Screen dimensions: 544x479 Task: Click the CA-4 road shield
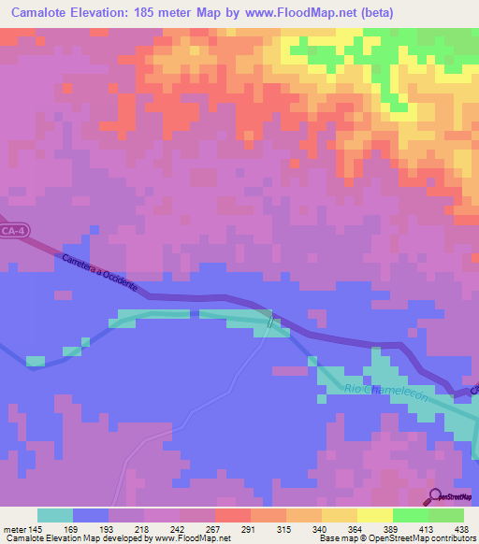[x=12, y=230]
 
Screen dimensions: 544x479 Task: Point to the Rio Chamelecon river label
[x=385, y=394]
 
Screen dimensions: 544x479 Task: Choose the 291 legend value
[x=250, y=530]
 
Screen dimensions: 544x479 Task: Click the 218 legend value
[x=143, y=530]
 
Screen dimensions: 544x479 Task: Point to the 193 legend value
[x=108, y=530]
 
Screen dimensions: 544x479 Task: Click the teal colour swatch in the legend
[x=54, y=515]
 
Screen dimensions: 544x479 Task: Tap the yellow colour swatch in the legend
[x=374, y=515]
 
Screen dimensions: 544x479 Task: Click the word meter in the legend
[x=13, y=530]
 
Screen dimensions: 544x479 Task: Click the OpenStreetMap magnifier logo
[x=433, y=497]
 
